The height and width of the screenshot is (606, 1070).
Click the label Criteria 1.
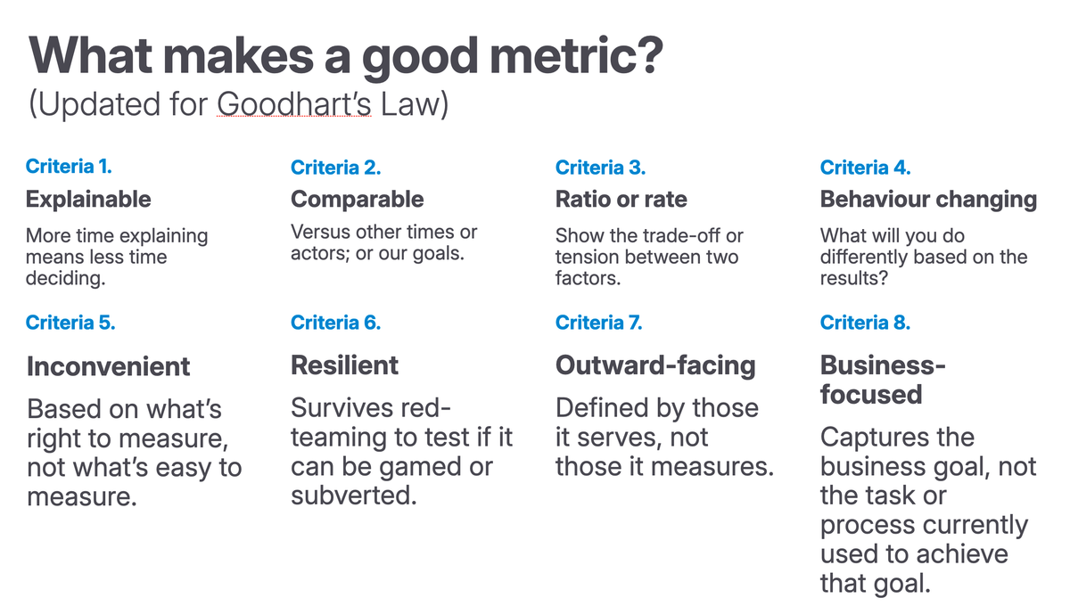tap(69, 167)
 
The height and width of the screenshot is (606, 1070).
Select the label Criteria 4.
tap(865, 167)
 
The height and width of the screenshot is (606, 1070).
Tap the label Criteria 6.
tap(335, 323)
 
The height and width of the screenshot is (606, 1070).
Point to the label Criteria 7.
tap(598, 323)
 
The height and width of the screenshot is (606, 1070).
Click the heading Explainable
tap(88, 199)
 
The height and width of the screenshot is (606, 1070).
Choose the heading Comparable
tap(357, 199)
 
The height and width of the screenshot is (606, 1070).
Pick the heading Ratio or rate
tap(621, 199)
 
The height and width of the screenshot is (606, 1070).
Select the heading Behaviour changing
tap(928, 199)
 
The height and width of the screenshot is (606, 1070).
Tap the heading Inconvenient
tap(108, 366)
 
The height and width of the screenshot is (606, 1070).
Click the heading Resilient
tap(345, 364)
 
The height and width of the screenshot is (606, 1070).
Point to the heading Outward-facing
tap(655, 364)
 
